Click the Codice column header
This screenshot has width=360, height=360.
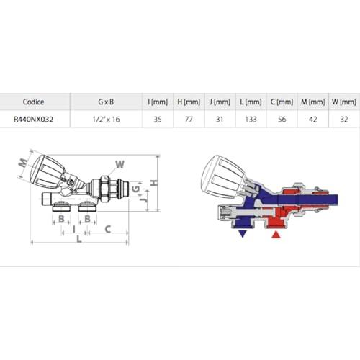tap(33, 102)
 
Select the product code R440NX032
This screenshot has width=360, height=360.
tap(33, 120)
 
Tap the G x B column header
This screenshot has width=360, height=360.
tap(106, 102)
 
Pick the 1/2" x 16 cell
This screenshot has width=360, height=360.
tap(106, 120)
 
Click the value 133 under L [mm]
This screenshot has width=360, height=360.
tap(251, 120)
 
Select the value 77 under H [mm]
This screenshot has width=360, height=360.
tap(189, 120)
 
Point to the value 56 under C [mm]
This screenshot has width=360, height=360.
tap(282, 120)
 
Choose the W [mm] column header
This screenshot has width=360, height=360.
tap(344, 102)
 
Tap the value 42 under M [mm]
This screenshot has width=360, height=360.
tap(312, 120)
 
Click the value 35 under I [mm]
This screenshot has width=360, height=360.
tap(158, 120)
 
